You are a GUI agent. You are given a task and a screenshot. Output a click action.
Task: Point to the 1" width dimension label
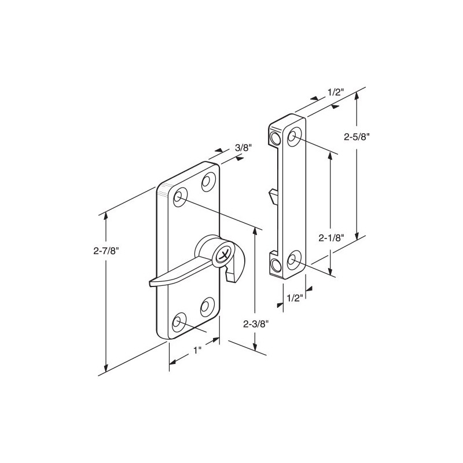tap(197, 351)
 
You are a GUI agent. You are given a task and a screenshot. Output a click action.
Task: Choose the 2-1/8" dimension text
tap(332, 237)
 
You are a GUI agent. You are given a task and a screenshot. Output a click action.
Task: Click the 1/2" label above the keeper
tap(336, 92)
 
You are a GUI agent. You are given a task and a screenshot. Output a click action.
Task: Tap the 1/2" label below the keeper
tap(295, 298)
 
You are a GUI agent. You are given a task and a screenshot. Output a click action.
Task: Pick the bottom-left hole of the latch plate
tap(179, 320)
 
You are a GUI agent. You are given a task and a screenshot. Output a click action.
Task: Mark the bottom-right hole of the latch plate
tap(207, 304)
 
